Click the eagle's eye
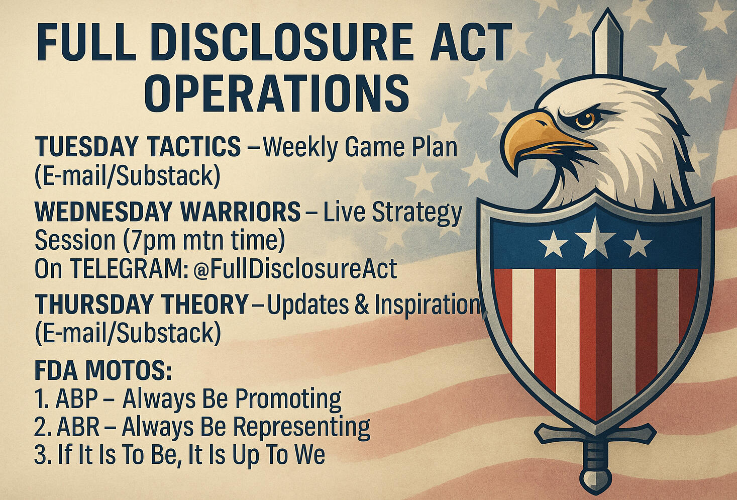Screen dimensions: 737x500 point(585,120)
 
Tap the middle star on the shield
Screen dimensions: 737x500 point(594,238)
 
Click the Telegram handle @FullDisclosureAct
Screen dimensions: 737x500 point(295,269)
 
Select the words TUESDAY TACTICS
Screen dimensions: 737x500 point(138,146)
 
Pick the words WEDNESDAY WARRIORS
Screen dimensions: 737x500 point(167,211)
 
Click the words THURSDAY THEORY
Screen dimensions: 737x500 point(142,304)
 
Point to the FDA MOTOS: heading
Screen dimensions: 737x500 point(103,371)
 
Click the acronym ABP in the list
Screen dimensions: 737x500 point(77,399)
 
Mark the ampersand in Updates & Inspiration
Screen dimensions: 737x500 point(361,305)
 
